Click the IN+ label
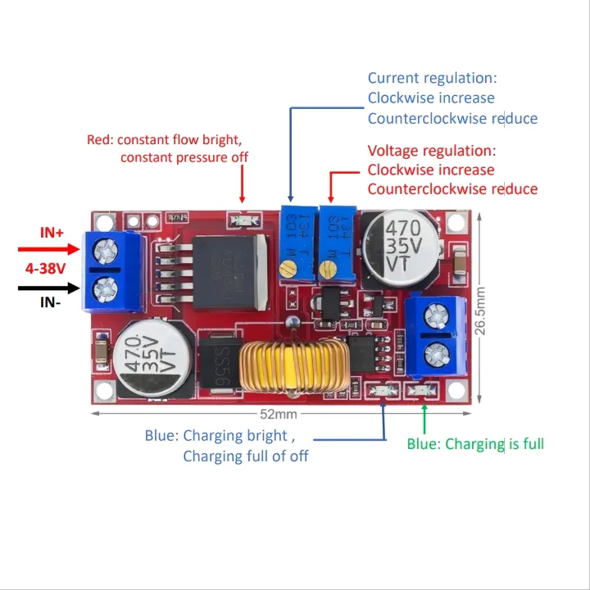pos(52,233)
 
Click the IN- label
pos(52,302)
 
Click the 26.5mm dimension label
pos(480,310)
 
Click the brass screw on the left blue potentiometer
pos(287,268)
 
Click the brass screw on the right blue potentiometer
pos(329,268)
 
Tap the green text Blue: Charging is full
pos(475,444)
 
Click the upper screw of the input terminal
pos(104,247)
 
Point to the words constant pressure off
pos(184,157)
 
